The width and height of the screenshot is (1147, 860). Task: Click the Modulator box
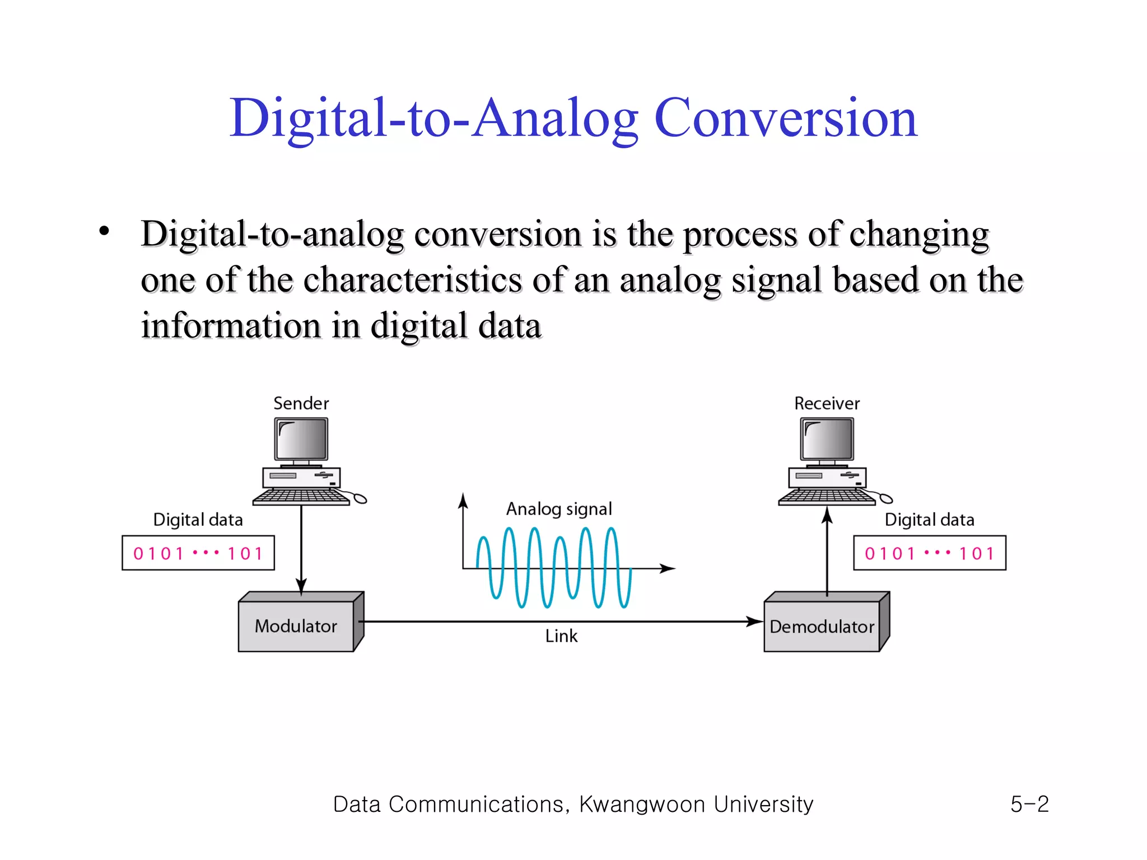(296, 625)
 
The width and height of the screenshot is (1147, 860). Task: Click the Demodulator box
(822, 626)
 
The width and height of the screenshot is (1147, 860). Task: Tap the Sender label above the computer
(301, 403)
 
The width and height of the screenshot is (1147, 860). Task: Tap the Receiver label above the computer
(827, 403)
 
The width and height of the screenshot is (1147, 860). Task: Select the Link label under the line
(561, 636)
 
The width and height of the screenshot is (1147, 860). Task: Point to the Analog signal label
(559, 509)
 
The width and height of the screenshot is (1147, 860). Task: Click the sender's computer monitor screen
(301, 439)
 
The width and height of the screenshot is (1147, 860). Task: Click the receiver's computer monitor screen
(827, 439)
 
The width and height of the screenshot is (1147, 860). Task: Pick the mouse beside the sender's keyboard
(360, 498)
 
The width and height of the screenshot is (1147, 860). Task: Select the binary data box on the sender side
(198, 553)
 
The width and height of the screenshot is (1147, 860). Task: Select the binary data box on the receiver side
(930, 553)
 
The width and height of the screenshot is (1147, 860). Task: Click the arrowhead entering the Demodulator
(756, 621)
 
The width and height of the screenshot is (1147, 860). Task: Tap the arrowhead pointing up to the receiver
(827, 515)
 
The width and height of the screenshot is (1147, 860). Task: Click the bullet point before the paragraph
(104, 231)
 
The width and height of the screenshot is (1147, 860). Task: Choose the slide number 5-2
(1029, 804)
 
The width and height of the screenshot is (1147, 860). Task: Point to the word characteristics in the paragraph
(413, 279)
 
